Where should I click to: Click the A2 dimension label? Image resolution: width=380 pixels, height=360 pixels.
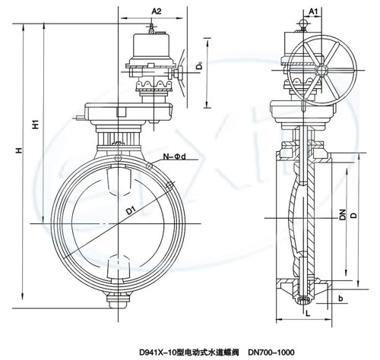point(157,11)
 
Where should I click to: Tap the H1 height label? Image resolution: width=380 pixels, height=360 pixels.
point(36,124)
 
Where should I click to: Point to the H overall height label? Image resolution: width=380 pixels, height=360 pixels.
point(18,150)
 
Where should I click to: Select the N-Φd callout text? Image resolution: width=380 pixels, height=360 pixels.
point(174,156)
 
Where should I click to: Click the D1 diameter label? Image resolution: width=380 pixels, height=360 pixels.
point(131,210)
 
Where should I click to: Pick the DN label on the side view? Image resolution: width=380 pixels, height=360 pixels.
point(343,214)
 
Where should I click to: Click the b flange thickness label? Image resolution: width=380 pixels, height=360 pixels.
point(340,298)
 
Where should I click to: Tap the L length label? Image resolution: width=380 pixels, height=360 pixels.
point(308,314)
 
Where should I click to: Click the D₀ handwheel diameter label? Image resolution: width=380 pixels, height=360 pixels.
point(199,66)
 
